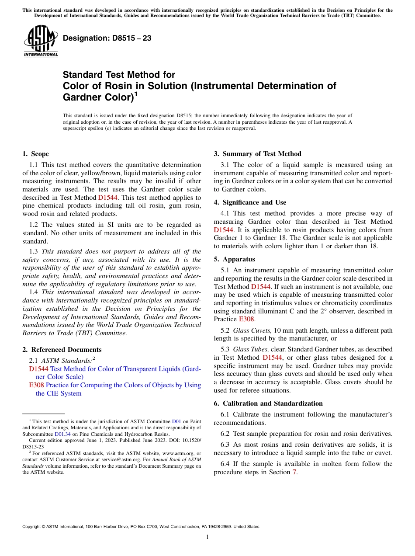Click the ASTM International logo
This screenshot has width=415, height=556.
pyautogui.click(x=40, y=41)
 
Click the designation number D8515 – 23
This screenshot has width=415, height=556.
pyautogui.click(x=107, y=38)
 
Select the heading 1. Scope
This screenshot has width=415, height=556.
pyautogui.click(x=35, y=154)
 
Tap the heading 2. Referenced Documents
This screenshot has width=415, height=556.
pyautogui.click(x=62, y=350)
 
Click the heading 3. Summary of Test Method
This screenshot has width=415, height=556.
pyautogui.click(x=257, y=154)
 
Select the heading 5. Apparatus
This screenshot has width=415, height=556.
pyautogui.click(x=234, y=259)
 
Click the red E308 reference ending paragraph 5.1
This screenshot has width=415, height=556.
pyautogui.click(x=246, y=320)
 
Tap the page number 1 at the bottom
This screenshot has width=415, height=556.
pyautogui.click(x=207, y=537)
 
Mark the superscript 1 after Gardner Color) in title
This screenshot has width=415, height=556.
pyautogui.click(x=136, y=94)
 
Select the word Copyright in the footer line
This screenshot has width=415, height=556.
pyautogui.click(x=32, y=527)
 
